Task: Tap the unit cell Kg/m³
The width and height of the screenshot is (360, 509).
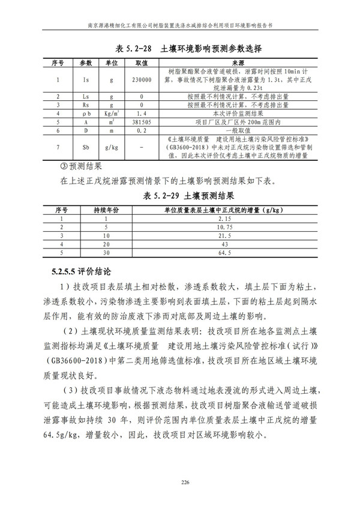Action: (112, 112)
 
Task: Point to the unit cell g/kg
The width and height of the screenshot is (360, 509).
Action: (112, 146)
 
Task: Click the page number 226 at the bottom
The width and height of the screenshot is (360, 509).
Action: (180, 480)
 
